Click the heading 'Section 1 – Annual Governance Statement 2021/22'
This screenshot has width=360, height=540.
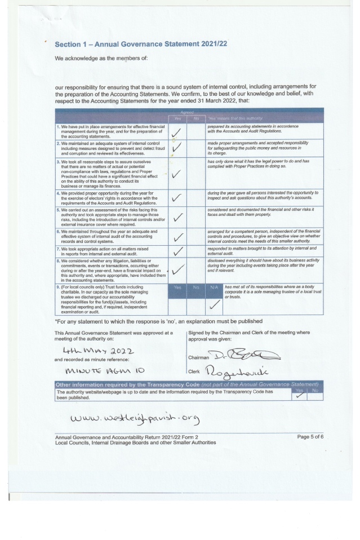[x=141, y=45]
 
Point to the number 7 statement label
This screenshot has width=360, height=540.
[x=58, y=249]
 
